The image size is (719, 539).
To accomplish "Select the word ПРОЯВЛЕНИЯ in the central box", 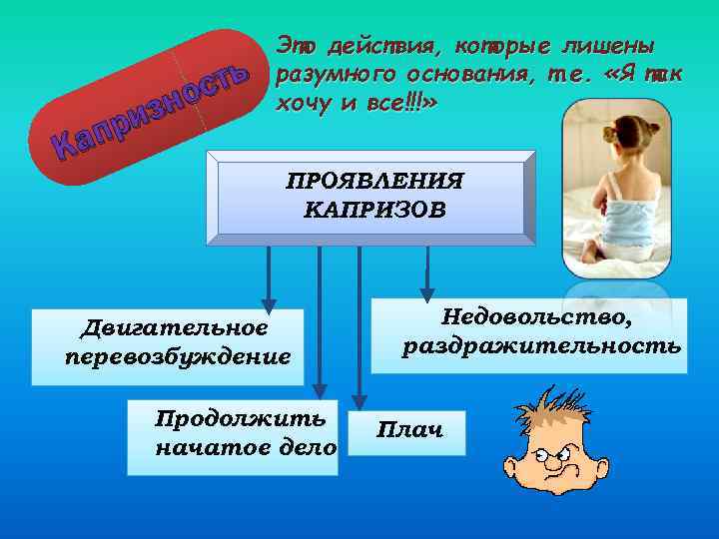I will click(374, 182).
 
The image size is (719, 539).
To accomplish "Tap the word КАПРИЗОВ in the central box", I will click(374, 211).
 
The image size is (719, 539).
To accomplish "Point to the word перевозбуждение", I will click(177, 355).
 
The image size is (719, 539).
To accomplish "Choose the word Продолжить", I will click(240, 418).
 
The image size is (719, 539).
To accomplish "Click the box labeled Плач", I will click(409, 430).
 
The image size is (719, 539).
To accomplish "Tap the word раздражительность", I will click(542, 346).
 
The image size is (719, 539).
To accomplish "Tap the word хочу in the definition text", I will click(301, 105).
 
